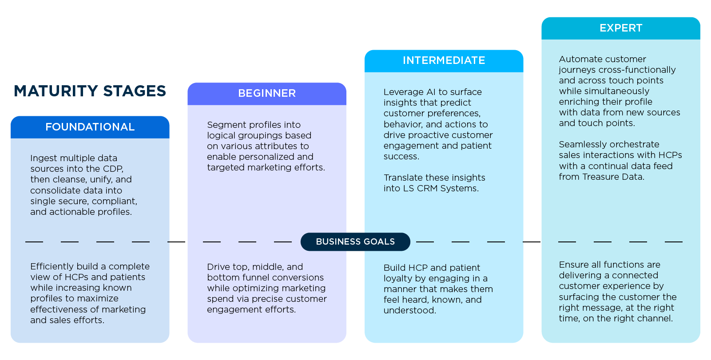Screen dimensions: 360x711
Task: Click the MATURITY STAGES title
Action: point(90,91)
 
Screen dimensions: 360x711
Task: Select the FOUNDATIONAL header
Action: point(90,127)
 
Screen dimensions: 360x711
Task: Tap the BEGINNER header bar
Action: point(266,93)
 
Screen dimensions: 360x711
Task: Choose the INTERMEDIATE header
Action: point(444,60)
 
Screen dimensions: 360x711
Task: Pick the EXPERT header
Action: point(620,28)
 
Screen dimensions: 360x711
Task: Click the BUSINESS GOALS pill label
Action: point(355,241)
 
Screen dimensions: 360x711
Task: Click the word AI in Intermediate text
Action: point(431,92)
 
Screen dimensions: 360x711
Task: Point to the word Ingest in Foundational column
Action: point(44,158)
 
